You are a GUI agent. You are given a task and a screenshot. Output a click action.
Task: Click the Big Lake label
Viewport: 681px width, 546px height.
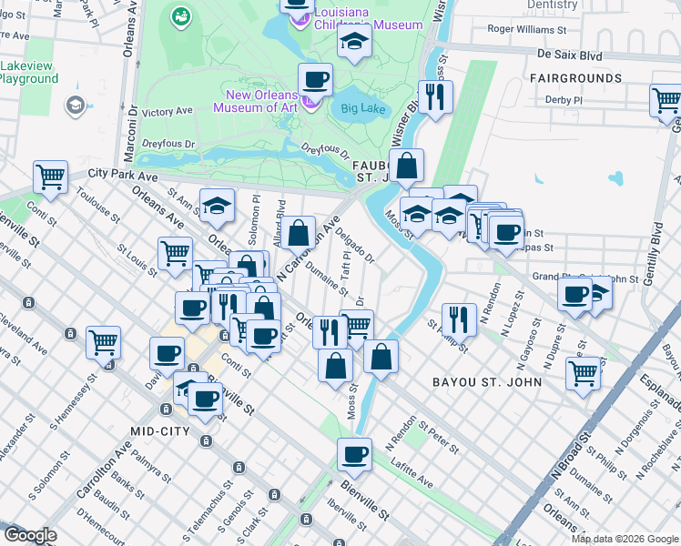click(x=363, y=109)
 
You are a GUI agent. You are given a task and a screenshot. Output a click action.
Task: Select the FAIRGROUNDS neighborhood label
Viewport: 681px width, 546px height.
click(x=575, y=79)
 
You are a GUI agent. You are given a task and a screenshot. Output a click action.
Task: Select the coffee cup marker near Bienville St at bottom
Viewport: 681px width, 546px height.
click(x=354, y=453)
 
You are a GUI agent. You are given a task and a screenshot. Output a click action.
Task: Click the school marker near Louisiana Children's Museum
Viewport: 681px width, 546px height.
click(x=354, y=42)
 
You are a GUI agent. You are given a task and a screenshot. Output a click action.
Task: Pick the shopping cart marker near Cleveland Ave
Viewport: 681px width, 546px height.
click(x=103, y=342)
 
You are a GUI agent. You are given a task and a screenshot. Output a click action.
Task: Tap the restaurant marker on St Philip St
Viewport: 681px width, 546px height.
click(x=459, y=318)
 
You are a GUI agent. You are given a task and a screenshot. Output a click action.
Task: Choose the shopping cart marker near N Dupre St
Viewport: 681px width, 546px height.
click(x=583, y=371)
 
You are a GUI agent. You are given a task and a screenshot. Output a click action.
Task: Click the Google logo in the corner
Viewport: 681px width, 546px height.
click(x=30, y=535)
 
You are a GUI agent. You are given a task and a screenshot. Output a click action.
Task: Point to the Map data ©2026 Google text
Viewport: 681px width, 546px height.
click(x=625, y=539)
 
